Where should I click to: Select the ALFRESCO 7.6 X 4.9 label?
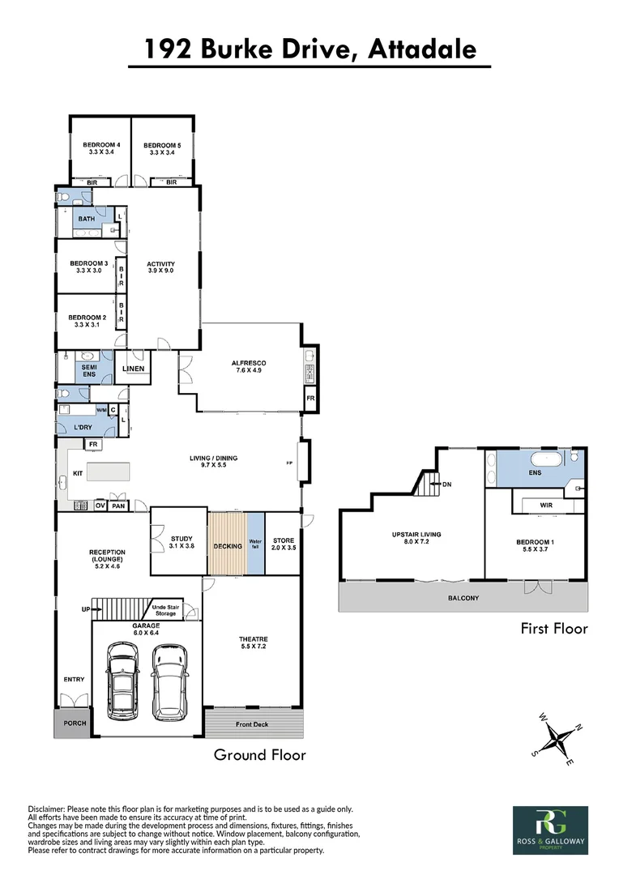coord(250,366)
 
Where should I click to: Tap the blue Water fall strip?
coord(255,544)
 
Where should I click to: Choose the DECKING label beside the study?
coord(228,546)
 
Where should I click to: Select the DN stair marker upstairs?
coord(446,485)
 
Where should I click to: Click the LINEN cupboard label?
coord(133,369)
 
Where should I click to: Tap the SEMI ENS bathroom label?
coord(88,369)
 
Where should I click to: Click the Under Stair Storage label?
coord(164,609)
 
